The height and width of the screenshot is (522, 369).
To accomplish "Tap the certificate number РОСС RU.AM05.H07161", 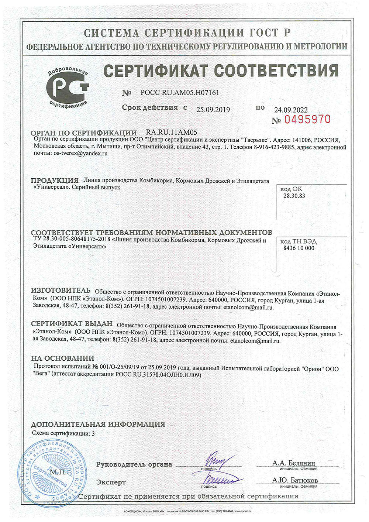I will pyautogui.click(x=180, y=93).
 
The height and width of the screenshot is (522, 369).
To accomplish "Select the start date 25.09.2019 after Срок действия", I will pyautogui.click(x=213, y=110).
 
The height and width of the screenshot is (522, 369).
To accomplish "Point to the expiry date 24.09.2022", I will pyautogui.click(x=291, y=110).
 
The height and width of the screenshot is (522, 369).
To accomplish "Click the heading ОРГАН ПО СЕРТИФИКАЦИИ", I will pyautogui.click(x=84, y=133).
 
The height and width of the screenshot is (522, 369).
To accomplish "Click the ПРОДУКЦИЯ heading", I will pyautogui.click(x=55, y=181).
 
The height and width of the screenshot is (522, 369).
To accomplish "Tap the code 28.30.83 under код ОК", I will pyautogui.click(x=294, y=196).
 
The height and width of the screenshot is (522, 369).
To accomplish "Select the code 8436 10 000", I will pyautogui.click(x=299, y=248).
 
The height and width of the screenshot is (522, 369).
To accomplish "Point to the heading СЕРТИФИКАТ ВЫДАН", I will pyautogui.click(x=72, y=324).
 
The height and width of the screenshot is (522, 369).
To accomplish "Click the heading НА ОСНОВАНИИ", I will pyautogui.click(x=62, y=358).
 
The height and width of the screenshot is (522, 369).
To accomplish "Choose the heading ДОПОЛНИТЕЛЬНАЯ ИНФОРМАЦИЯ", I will pyautogui.click(x=98, y=424).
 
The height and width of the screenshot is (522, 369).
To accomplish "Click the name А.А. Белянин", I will pyautogui.click(x=294, y=463).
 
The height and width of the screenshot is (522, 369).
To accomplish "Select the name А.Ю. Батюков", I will pyautogui.click(x=295, y=480).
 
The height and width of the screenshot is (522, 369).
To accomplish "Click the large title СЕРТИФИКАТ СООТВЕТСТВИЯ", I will pyautogui.click(x=220, y=70).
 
